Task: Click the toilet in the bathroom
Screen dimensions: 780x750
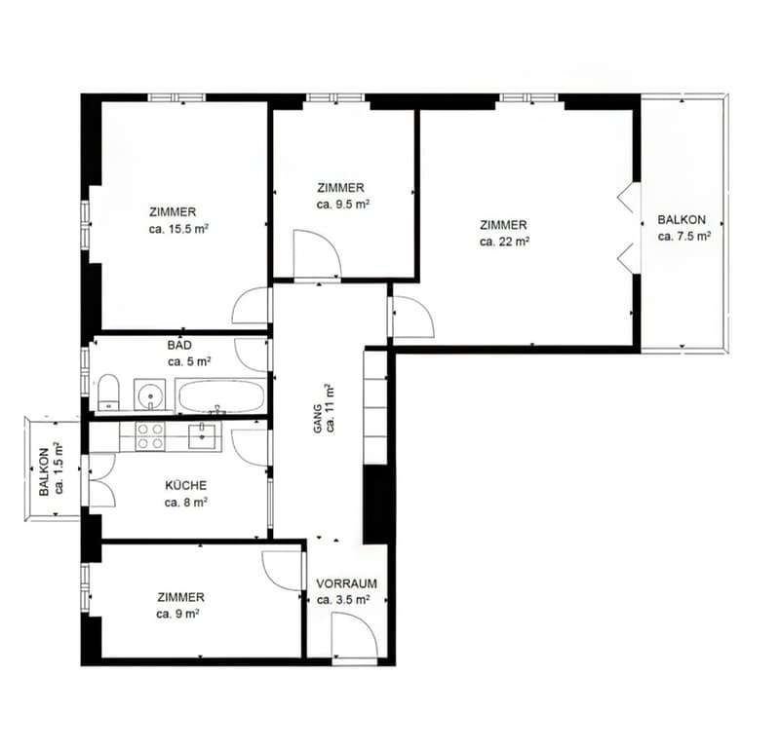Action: tap(108, 394)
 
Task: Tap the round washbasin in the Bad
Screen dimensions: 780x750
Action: tap(149, 394)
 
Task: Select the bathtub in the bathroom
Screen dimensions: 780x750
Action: tap(221, 395)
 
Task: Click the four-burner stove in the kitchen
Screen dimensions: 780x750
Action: tap(150, 436)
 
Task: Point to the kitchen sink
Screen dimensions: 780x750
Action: tap(205, 436)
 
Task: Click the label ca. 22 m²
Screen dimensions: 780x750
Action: tap(504, 242)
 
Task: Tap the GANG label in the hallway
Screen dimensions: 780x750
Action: tap(318, 419)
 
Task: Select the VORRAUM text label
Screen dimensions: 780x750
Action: tap(346, 583)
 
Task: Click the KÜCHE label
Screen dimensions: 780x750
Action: tap(185, 486)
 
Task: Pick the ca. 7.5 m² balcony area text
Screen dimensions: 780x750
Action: tap(684, 236)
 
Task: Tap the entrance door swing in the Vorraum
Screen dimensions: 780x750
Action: tap(355, 636)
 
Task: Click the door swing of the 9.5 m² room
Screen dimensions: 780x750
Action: tap(317, 254)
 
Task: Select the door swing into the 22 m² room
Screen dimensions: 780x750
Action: tap(412, 318)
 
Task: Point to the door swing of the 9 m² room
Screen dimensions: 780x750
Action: tap(283, 571)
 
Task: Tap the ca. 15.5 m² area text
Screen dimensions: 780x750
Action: tap(178, 229)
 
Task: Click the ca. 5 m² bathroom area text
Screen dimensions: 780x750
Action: tap(189, 361)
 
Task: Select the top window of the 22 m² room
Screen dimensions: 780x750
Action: tap(529, 98)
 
